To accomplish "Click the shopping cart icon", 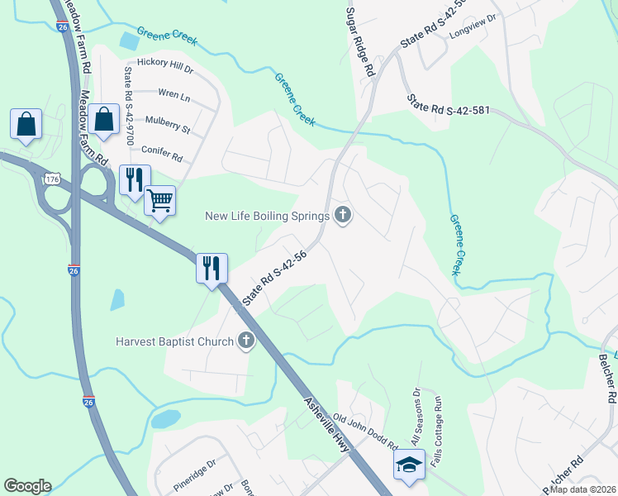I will [x=159, y=199].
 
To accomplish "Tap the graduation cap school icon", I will [x=409, y=465].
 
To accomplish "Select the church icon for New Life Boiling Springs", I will [x=344, y=217].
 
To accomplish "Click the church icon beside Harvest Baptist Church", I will [x=245, y=340].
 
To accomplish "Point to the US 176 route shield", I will [x=53, y=179].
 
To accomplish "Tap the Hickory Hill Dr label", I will [x=164, y=63].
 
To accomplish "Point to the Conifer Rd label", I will [x=161, y=150].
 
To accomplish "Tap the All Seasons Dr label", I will [x=416, y=417].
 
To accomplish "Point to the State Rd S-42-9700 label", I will [x=129, y=106].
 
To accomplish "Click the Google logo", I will [x=27, y=486].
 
